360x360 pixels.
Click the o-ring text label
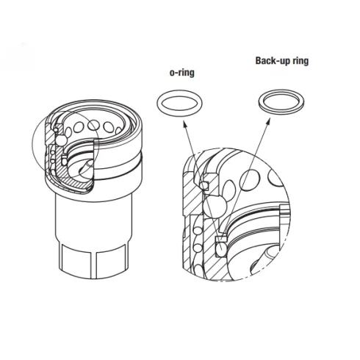182,73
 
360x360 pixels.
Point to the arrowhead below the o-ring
185,124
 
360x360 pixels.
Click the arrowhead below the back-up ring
268,121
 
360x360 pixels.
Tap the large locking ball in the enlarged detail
215,206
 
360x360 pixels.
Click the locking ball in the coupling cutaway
60,140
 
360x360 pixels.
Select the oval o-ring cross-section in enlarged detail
221,248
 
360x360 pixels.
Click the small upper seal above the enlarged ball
204,186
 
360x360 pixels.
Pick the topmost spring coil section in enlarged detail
198,231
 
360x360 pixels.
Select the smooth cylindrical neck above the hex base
94,218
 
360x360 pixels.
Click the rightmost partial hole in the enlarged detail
276,177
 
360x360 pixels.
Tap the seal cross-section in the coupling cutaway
65,161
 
